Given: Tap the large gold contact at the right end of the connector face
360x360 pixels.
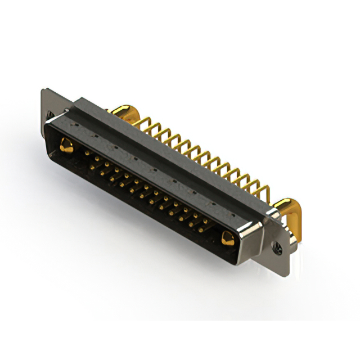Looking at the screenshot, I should click(227, 238).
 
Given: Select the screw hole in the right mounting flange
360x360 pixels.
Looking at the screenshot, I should click(277, 246).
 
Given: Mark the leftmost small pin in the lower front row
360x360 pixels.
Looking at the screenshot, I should click(102, 172).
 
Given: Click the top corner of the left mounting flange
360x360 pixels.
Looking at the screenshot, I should click(43, 90).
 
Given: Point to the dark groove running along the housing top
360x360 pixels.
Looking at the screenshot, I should click(169, 152).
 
